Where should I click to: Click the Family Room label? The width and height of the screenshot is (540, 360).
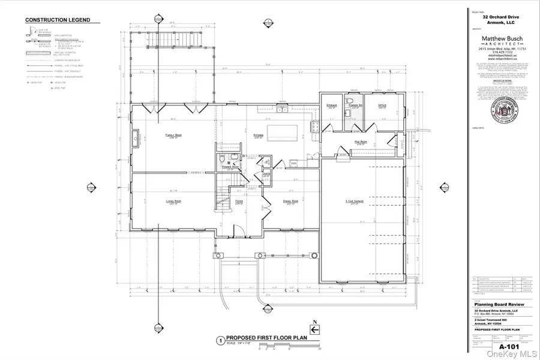pyautogui.click(x=173, y=136)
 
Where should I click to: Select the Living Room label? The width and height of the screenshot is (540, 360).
pyautogui.click(x=173, y=202)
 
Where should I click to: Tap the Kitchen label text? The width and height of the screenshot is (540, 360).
pyautogui.click(x=258, y=136)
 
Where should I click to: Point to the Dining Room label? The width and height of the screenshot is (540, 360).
pyautogui.click(x=292, y=202)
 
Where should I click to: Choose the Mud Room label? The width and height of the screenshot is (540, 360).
pyautogui.click(x=361, y=143)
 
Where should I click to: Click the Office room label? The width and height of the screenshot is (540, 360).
pyautogui.click(x=382, y=106)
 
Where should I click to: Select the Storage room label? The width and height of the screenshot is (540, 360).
pyautogui.click(x=332, y=106)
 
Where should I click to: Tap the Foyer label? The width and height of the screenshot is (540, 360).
pyautogui.click(x=238, y=202)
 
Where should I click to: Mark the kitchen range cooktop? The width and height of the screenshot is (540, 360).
pyautogui.click(x=313, y=127)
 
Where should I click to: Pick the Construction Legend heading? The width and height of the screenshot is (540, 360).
pyautogui.click(x=58, y=20)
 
